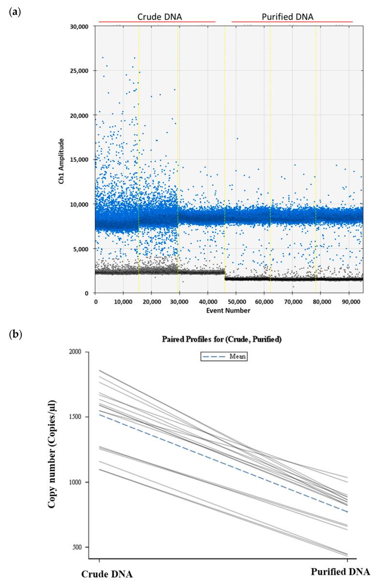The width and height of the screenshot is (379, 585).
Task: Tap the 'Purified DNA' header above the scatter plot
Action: tap(287, 16)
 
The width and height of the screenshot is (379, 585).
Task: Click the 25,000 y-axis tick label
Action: tap(80, 71)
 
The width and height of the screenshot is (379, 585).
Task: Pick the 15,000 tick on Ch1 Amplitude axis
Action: tap(80, 160)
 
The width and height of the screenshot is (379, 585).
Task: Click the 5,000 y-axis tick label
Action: tap(82, 249)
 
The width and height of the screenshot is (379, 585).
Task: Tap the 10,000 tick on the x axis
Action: tap(123, 301)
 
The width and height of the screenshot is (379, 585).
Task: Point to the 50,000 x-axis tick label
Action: tap(236, 301)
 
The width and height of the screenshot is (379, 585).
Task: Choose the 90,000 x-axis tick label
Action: tap(349, 301)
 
